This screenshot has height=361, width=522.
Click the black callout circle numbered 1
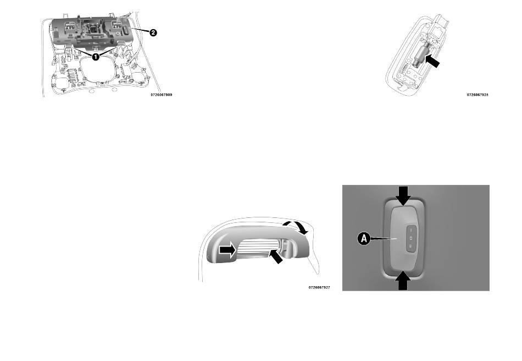[x=96, y=57]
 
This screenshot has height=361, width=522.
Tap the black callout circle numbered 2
[x=153, y=32]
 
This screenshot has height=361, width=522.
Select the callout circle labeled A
[x=364, y=239]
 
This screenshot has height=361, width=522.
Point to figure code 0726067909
[x=161, y=95]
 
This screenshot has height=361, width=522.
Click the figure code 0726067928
[x=477, y=95]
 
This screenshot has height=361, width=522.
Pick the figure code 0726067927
[x=319, y=287]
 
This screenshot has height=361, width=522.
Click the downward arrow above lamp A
[x=404, y=196]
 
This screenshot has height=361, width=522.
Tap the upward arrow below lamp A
[x=403, y=280]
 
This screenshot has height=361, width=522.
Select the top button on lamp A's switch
[x=411, y=231]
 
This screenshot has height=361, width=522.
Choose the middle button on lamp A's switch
[x=411, y=238]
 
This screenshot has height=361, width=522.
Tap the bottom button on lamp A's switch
[x=411, y=247]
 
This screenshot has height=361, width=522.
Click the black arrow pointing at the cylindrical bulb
[x=433, y=61]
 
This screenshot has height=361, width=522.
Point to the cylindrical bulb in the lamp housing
[x=421, y=54]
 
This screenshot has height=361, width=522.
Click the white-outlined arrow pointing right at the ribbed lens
[x=227, y=250]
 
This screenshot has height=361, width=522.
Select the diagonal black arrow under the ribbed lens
[x=275, y=256]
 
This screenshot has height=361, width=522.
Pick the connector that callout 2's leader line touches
[x=127, y=29]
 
